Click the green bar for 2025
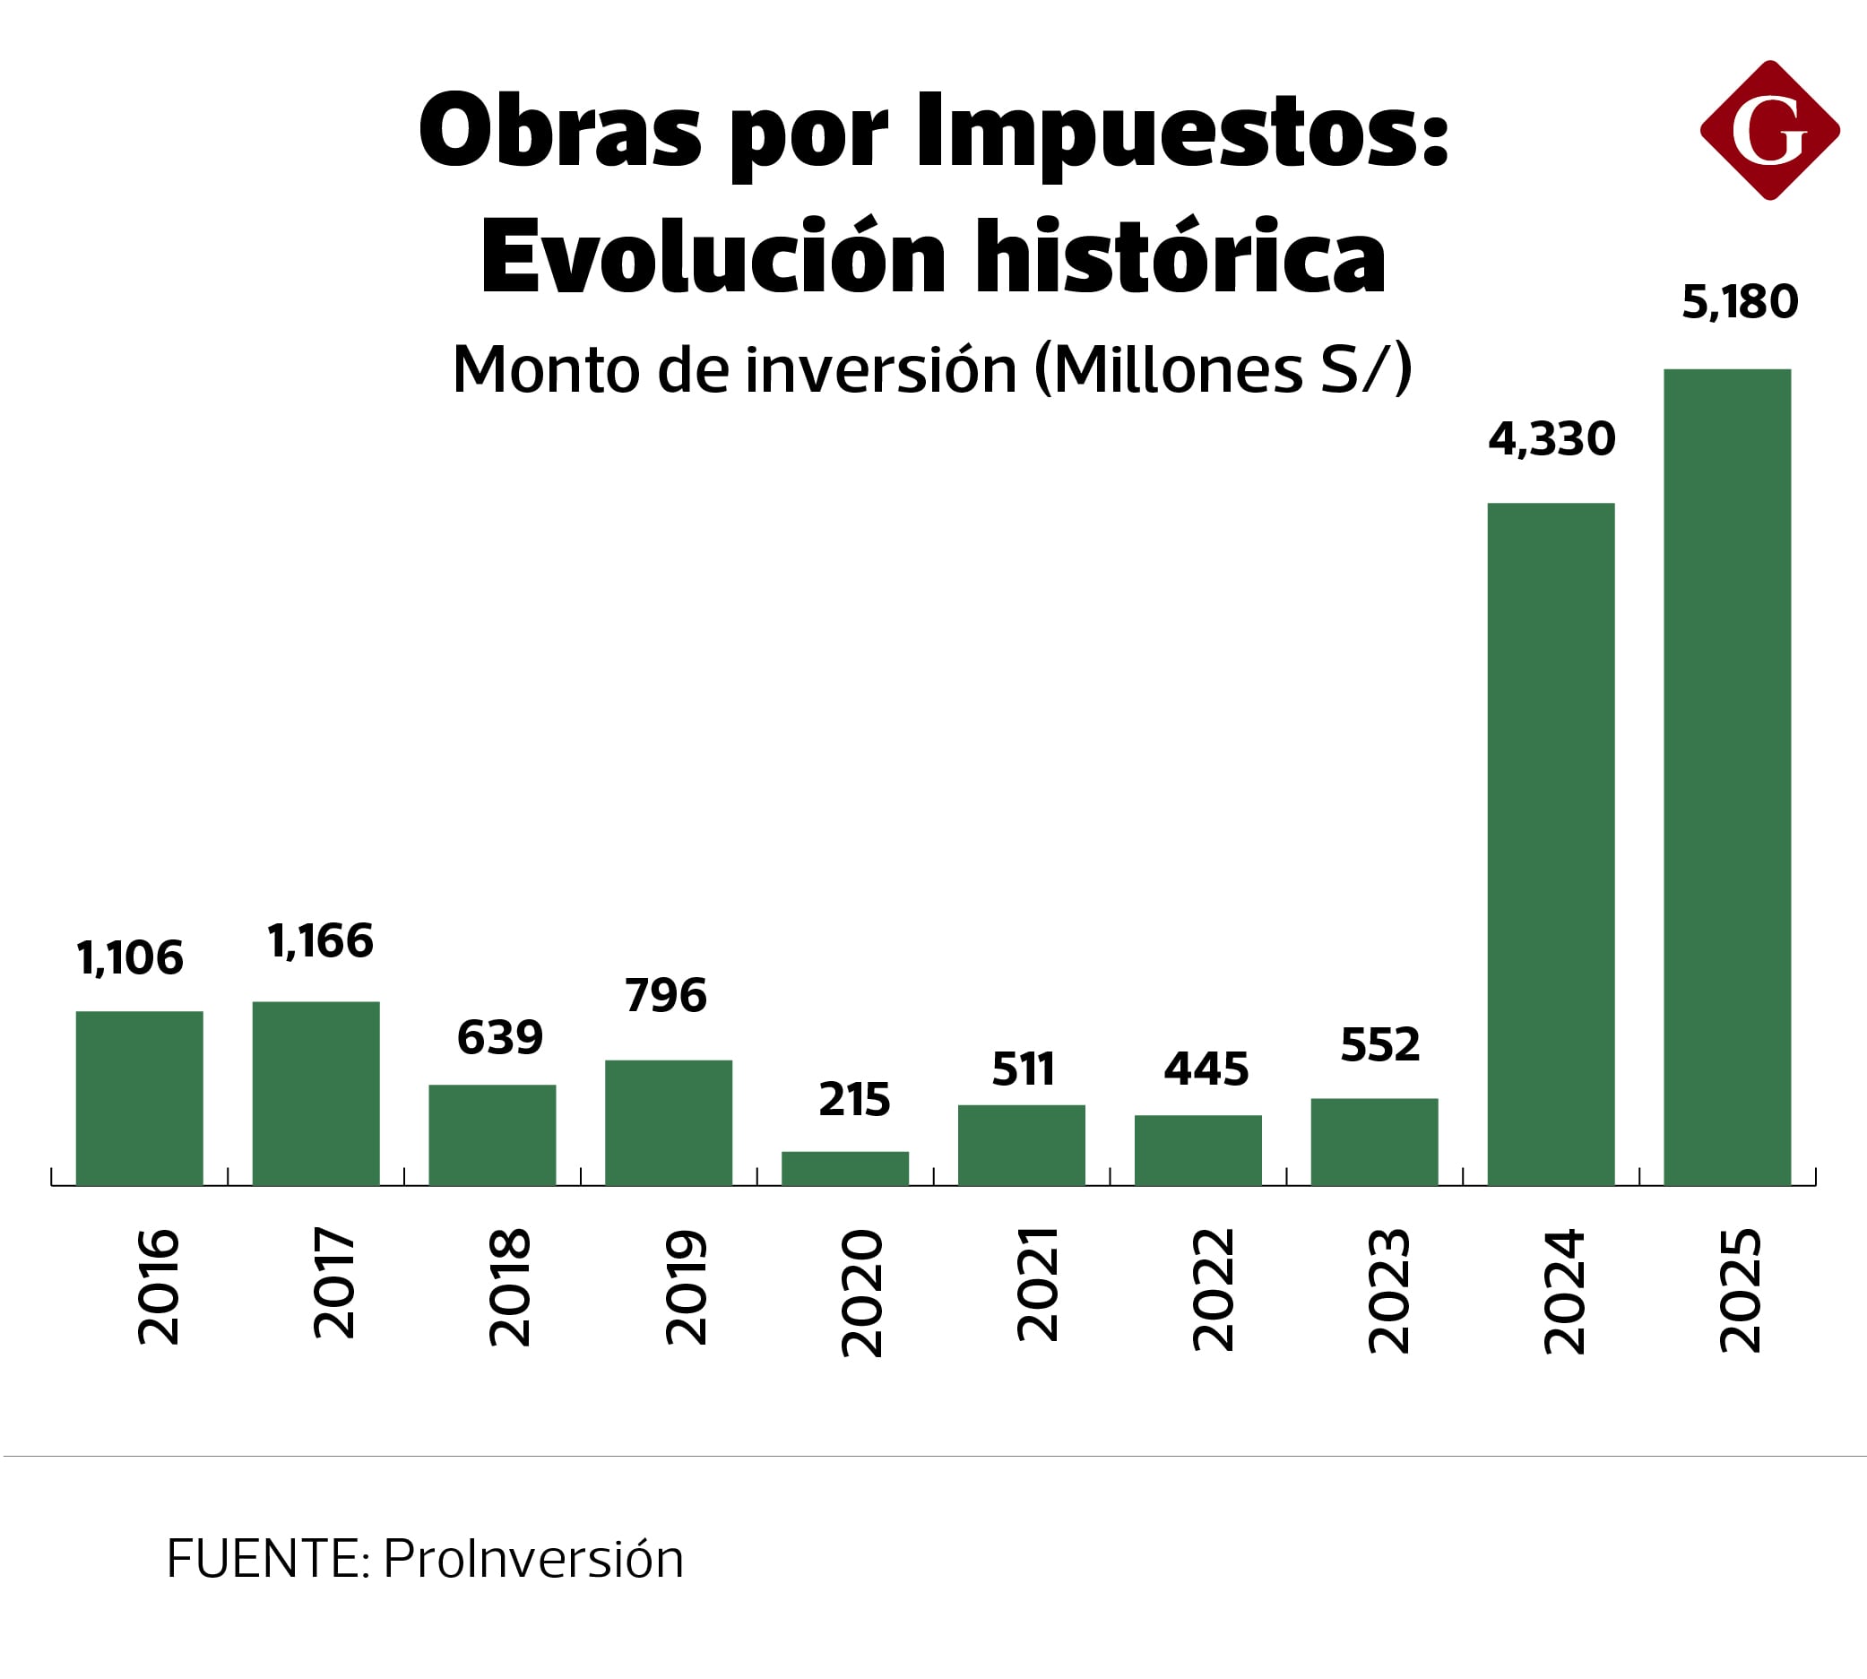(1727, 777)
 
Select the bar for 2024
(1551, 844)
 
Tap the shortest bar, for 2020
(845, 1168)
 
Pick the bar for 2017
(316, 1094)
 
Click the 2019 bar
(669, 1122)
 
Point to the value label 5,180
(1740, 303)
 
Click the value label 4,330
(1552, 439)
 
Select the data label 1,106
(130, 958)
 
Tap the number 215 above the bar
(854, 1100)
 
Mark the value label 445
(1206, 1069)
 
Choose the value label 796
(665, 995)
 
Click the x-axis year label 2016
(159, 1287)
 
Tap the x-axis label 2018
(510, 1288)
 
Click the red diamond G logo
(1769, 130)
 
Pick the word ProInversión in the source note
(533, 1559)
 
